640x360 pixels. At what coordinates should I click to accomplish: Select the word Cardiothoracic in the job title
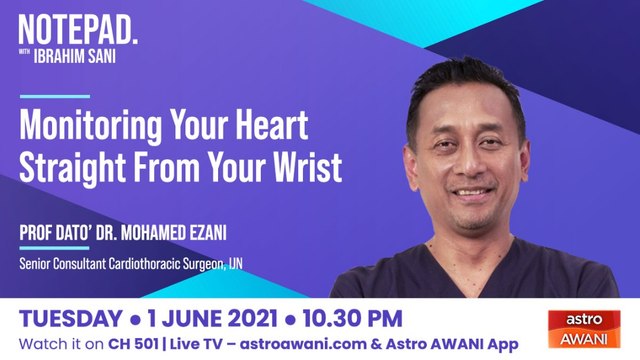pos(173,264)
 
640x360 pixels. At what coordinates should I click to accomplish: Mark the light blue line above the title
pos(55,97)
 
